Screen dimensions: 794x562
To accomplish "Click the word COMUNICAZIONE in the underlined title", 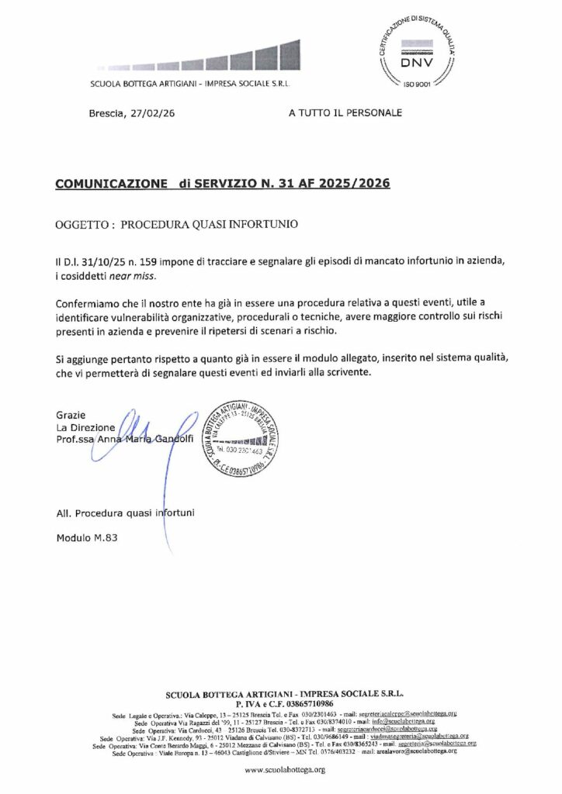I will coord(111,185).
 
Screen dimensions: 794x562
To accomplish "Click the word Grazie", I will coord(71,415).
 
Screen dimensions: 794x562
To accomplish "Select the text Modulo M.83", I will coord(86,538).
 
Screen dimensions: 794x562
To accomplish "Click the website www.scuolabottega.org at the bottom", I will coord(284,769).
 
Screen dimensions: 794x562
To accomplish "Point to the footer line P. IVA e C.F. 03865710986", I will coord(284,703).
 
